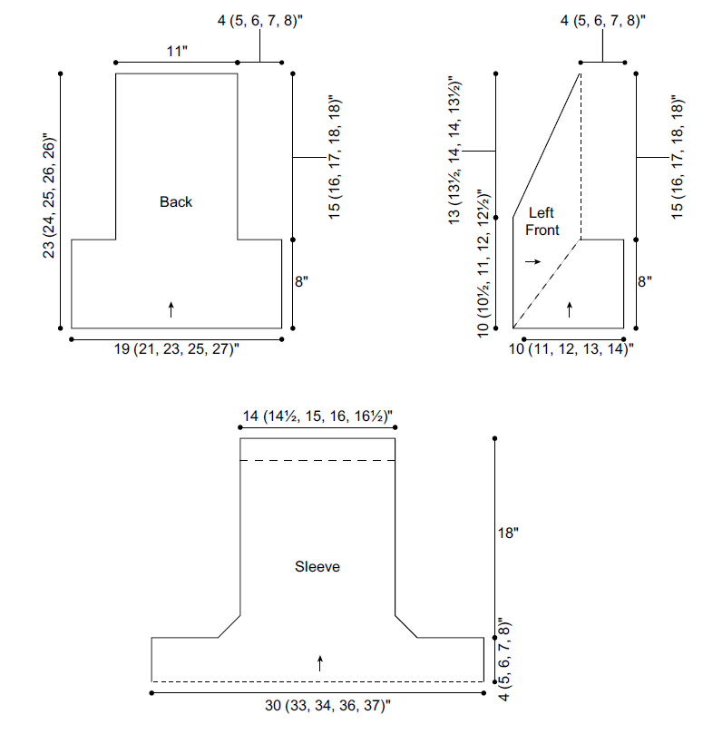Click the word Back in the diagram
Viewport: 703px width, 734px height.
coord(175,201)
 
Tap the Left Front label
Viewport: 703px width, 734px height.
coord(542,221)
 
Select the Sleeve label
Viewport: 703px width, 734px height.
coord(317,566)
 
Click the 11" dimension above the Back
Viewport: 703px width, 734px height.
coord(177,51)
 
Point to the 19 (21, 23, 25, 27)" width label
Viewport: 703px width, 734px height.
coord(177,349)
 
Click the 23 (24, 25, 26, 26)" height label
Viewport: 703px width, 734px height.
coord(49,197)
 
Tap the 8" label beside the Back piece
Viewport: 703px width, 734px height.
coord(301,281)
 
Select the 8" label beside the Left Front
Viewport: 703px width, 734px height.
coord(645,281)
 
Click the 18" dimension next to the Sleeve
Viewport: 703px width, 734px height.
coord(508,533)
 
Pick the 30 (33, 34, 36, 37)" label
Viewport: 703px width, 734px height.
coord(327,705)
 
